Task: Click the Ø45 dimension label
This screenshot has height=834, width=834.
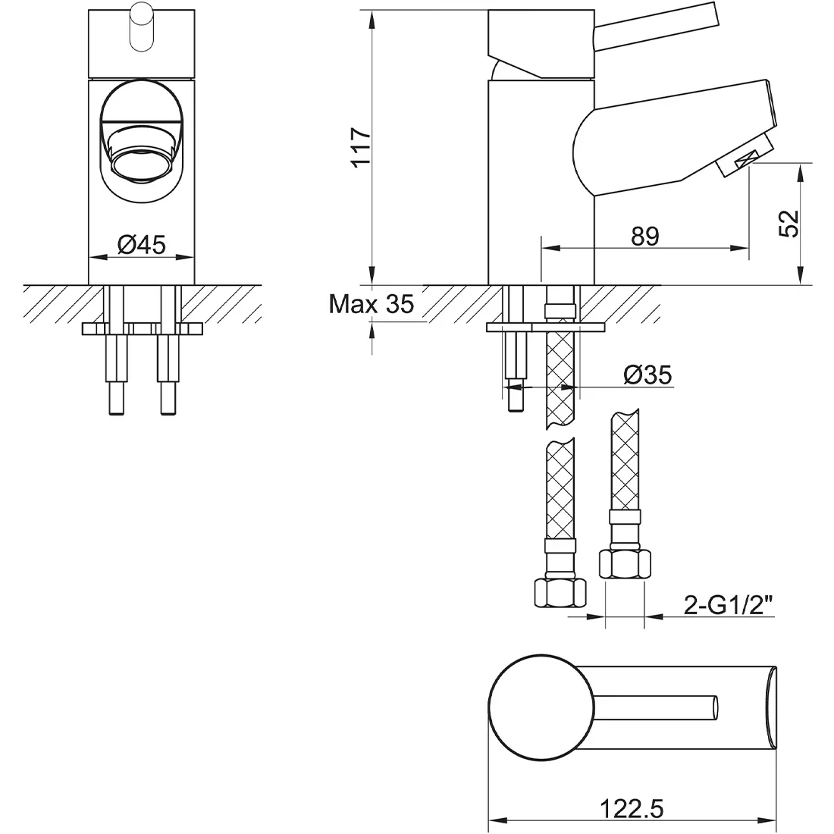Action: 142,244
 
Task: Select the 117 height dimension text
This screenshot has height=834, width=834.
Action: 361,147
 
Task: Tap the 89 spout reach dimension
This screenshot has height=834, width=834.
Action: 645,236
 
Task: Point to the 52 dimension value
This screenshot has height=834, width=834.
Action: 789,224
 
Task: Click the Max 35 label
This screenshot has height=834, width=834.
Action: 372,304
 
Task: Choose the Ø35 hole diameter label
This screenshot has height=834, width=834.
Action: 647,375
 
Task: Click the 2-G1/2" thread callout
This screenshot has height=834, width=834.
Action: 728,605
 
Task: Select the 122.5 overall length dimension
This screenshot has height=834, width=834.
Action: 632,809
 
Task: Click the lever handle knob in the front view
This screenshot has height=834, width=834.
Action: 142,27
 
